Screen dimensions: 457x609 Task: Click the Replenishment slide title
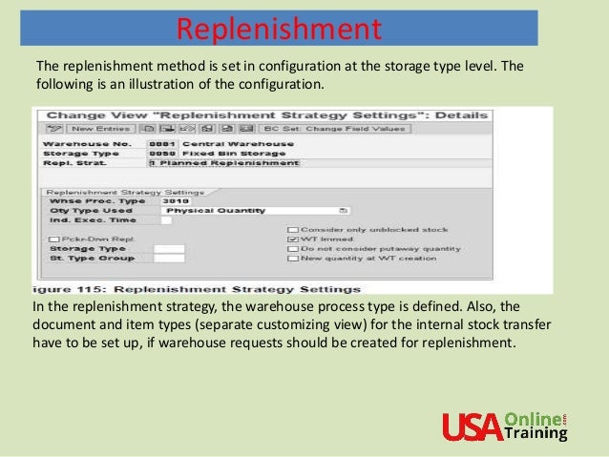[280, 28]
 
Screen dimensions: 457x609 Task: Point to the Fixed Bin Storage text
[221, 154]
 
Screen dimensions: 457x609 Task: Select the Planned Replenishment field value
[229, 163]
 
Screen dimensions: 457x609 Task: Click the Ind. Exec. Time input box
[166, 220]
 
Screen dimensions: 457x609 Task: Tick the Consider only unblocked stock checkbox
[291, 230]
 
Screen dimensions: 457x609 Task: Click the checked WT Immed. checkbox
[291, 239]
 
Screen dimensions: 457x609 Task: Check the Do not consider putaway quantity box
[291, 249]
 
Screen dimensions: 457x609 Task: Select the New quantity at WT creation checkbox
[291, 259]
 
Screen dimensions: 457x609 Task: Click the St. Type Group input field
[169, 259]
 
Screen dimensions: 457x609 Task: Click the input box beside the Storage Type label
[169, 248]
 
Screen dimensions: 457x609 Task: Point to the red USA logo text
[471, 426]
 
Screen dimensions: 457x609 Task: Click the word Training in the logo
[537, 434]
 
